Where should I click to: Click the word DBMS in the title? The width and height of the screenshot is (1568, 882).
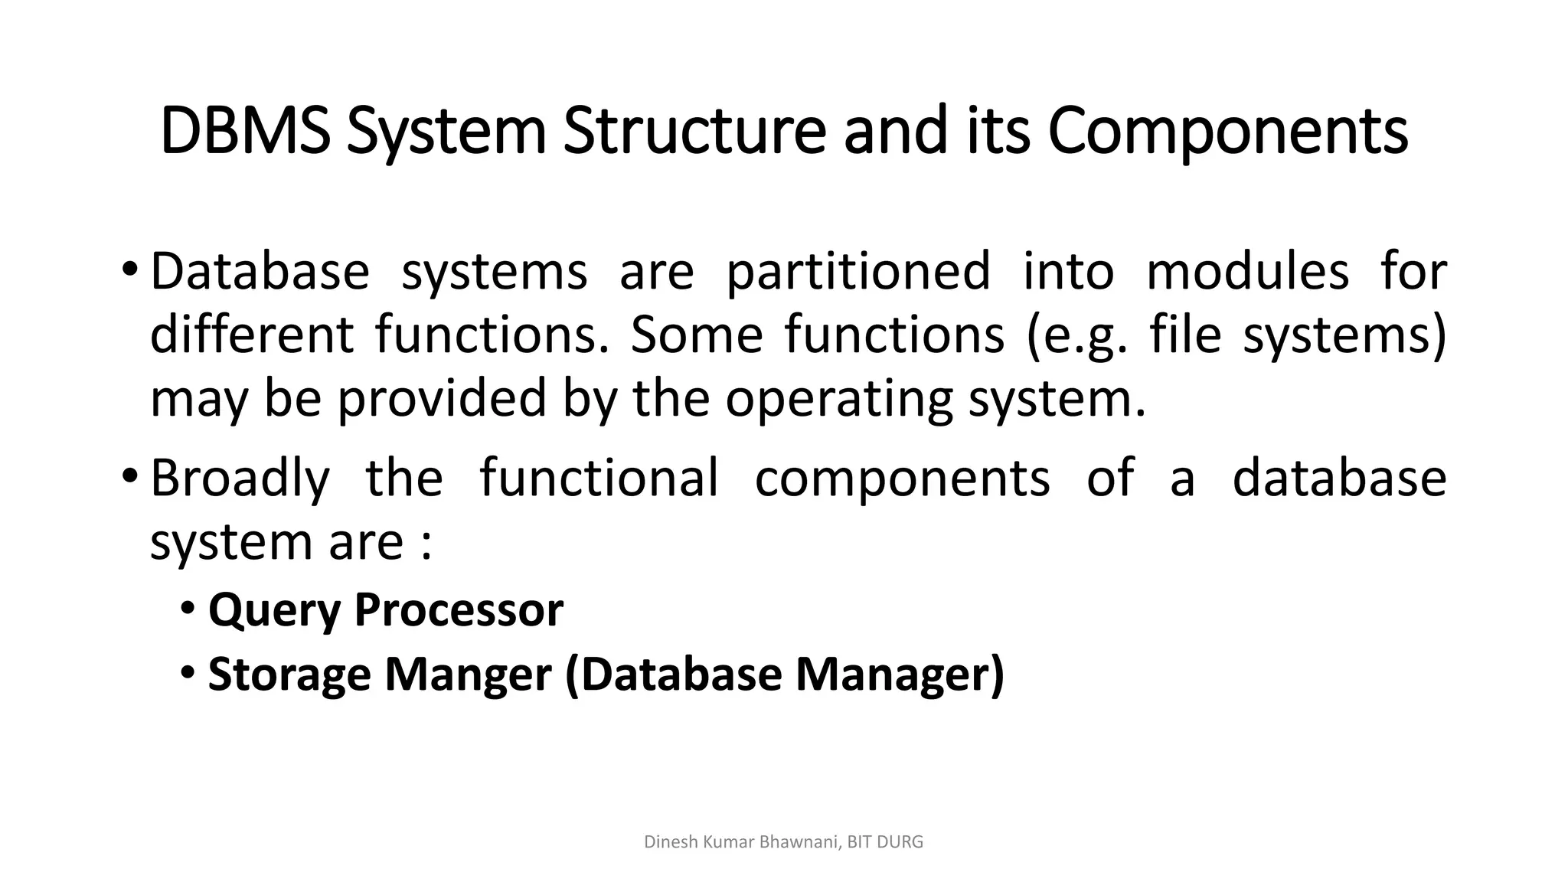click(x=246, y=132)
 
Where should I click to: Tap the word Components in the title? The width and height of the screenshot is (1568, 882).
click(x=1227, y=132)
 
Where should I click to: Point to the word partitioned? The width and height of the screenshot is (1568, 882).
click(x=857, y=273)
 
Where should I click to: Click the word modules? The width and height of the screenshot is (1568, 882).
click(x=1247, y=271)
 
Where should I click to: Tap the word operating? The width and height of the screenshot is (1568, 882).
click(x=838, y=400)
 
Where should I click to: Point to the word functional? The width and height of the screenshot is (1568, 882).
click(x=599, y=478)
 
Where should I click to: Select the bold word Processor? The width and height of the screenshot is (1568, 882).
click(x=459, y=610)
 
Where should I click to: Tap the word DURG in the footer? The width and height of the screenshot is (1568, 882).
click(x=902, y=842)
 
